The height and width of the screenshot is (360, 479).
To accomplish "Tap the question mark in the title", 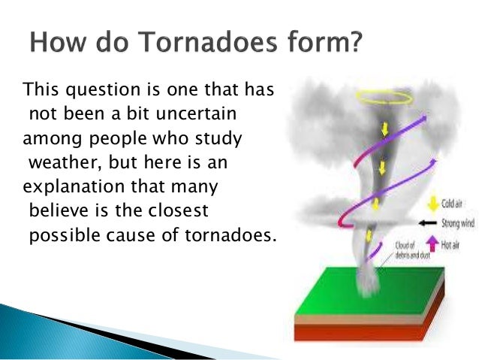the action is (x=355, y=41).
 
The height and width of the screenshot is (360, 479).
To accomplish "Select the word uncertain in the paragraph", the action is (x=196, y=113).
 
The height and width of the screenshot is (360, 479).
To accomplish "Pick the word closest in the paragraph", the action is (x=178, y=210).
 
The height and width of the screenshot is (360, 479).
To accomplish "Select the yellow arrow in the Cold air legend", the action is (x=433, y=204).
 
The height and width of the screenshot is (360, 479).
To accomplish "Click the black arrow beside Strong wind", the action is (x=428, y=223).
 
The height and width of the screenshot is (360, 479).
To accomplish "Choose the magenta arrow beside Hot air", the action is (x=432, y=244).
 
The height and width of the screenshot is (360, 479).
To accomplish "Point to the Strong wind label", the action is (x=458, y=223).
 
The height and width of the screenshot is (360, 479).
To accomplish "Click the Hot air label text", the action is (x=450, y=245).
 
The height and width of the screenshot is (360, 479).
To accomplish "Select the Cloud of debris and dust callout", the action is (x=412, y=250).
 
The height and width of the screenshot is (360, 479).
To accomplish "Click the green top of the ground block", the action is (x=370, y=291).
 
